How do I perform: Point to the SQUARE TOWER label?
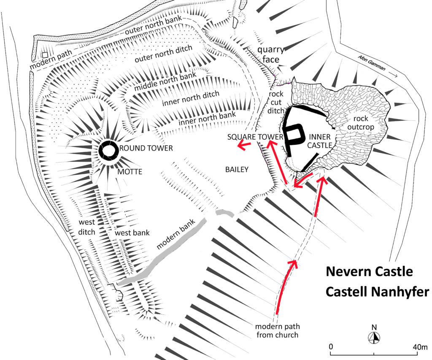(x=255, y=137)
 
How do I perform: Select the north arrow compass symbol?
(x=374, y=337)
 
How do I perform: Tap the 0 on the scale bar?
(x=331, y=347)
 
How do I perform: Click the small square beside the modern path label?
(x=45, y=55)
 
